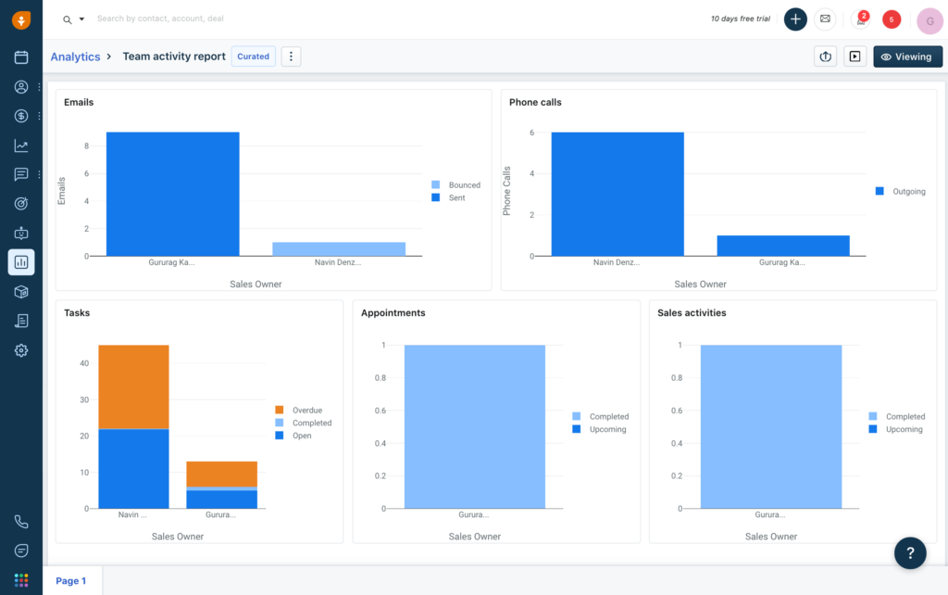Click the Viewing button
pos(907,57)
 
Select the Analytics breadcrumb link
pos(75,57)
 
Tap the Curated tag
pos(253,57)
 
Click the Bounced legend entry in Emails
pos(464,185)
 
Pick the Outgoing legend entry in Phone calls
pos(908,192)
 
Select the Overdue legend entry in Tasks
pos(306,410)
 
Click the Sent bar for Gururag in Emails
pos(172,194)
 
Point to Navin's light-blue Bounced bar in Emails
pos(339,248)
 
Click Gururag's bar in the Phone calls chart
pos(783,246)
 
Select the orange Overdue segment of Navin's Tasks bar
pos(133,386)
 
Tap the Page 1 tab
pos(71,581)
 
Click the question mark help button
pos(910,553)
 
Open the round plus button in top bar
pos(795,19)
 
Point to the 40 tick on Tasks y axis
pos(83,363)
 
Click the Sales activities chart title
pos(692,313)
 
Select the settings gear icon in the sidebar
pos(21,350)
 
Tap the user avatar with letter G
pos(929,19)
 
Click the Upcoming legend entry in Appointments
pos(607,429)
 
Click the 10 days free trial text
pos(740,19)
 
